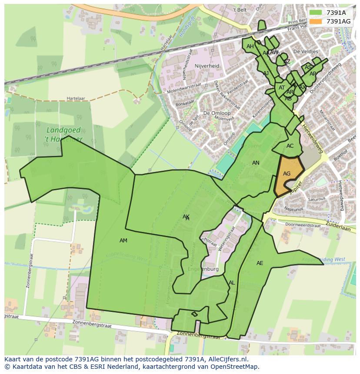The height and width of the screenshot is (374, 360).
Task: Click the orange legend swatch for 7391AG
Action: click(x=316, y=21)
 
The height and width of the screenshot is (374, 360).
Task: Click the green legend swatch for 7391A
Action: click(x=316, y=13)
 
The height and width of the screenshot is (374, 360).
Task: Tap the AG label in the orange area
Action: click(x=287, y=174)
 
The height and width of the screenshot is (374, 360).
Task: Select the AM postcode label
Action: click(x=123, y=241)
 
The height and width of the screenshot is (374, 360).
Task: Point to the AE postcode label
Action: click(x=260, y=263)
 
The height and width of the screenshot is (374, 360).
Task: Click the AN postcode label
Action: click(x=256, y=163)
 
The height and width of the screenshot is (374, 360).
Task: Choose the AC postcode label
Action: click(x=290, y=146)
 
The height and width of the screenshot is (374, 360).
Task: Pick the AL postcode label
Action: click(x=232, y=283)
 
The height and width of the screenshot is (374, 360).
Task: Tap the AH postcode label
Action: click(x=250, y=46)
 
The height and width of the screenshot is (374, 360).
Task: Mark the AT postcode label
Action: click(x=282, y=88)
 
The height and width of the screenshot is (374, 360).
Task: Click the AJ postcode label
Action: click(x=266, y=73)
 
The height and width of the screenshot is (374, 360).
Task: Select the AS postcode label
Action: click(x=308, y=67)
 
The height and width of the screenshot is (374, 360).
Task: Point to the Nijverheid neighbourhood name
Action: click(x=207, y=66)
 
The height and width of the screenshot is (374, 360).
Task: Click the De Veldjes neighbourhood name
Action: click(x=306, y=51)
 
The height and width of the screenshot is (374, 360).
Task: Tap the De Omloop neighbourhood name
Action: click(x=217, y=113)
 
